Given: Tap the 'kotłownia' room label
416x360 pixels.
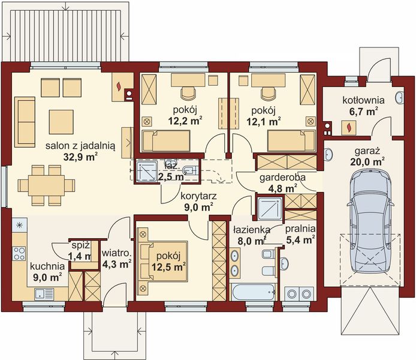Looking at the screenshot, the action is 363,100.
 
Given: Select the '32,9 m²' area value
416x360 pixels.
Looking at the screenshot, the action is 80,157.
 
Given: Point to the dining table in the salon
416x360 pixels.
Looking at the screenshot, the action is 46,185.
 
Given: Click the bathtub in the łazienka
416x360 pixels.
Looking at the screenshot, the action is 253,292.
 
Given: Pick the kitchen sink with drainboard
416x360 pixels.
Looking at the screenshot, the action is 44,294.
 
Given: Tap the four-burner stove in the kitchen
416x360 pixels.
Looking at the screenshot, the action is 19,253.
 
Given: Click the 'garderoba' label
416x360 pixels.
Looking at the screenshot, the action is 282,178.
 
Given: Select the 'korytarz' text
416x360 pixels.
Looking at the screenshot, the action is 199,196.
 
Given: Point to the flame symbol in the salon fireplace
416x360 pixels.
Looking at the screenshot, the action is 119,86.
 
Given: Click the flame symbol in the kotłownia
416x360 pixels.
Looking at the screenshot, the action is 349,127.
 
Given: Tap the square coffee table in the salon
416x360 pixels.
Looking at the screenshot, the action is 61,122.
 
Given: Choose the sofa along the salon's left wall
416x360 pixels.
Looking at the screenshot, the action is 25,122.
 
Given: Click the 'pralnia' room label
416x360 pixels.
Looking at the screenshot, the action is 300,229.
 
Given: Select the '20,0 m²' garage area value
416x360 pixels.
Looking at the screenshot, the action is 367,161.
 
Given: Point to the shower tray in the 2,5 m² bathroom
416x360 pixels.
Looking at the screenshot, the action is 147,172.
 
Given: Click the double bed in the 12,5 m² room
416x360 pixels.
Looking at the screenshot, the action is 163,261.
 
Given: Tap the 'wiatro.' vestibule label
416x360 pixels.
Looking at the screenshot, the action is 117,253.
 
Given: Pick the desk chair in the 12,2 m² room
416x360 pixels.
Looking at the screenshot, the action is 188,93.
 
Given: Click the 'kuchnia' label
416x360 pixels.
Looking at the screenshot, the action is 47,266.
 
